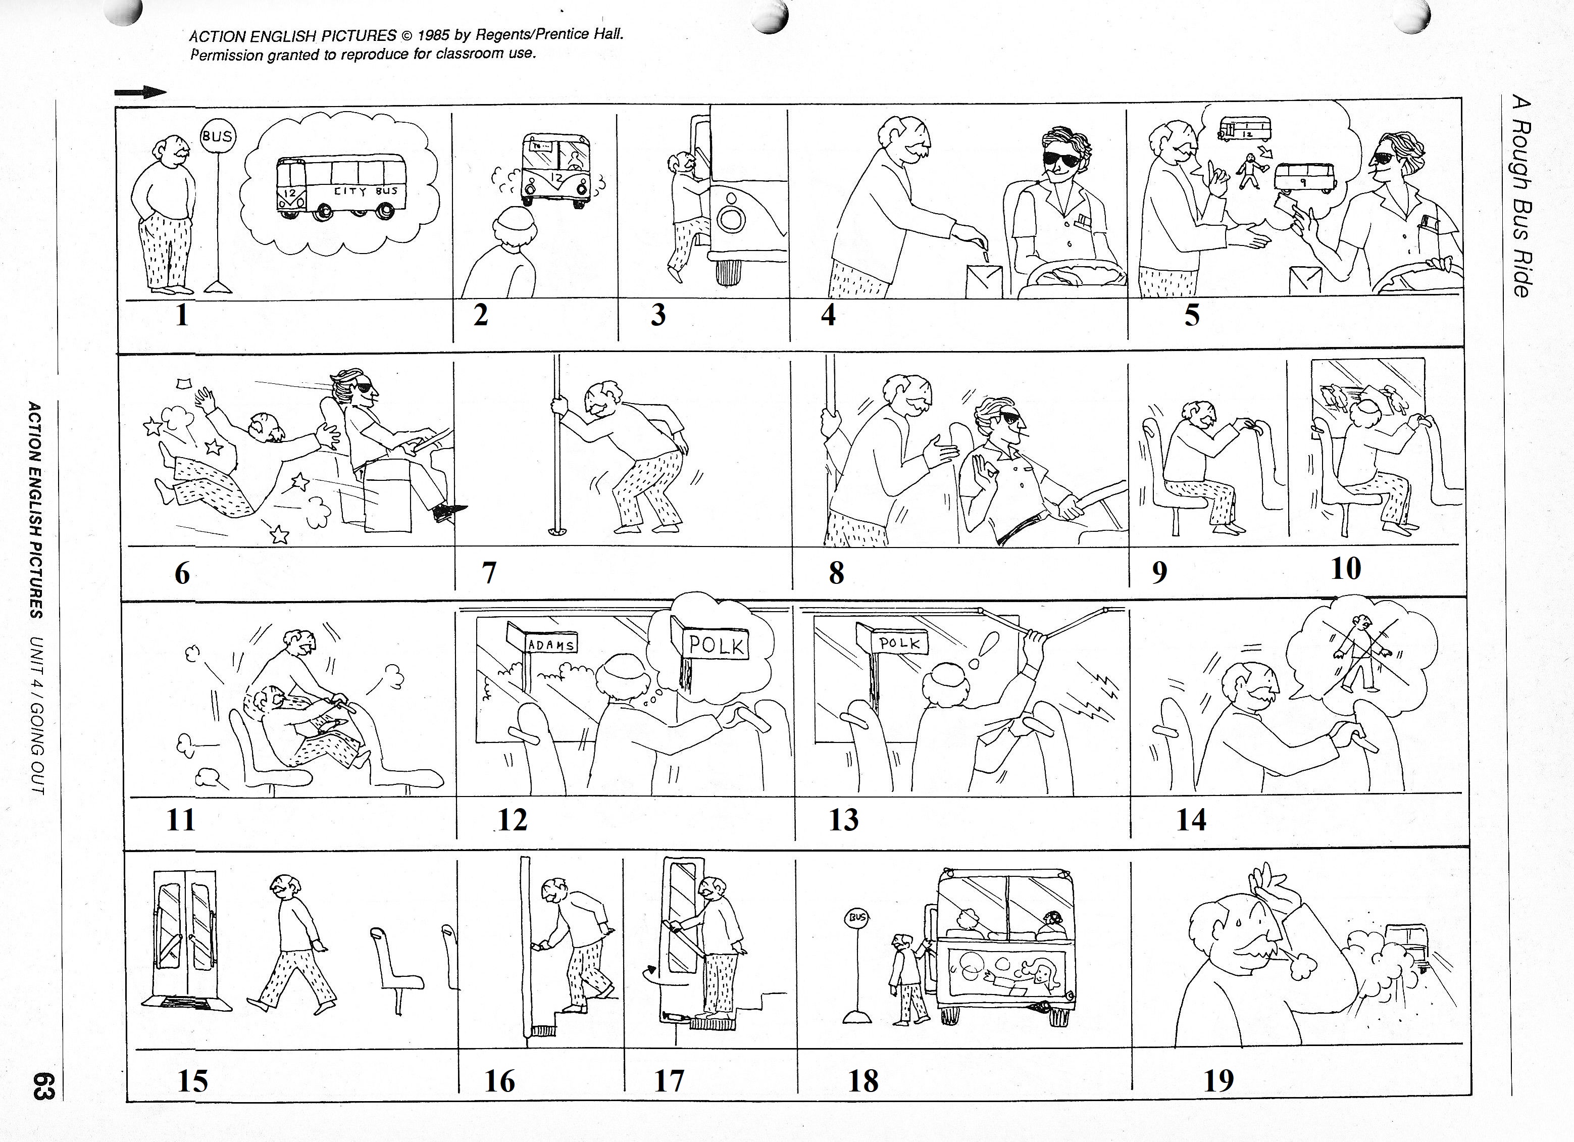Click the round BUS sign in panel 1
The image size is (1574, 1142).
217,136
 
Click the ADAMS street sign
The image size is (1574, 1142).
551,645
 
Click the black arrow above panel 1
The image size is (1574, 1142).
141,92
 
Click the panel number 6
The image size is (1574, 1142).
182,573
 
